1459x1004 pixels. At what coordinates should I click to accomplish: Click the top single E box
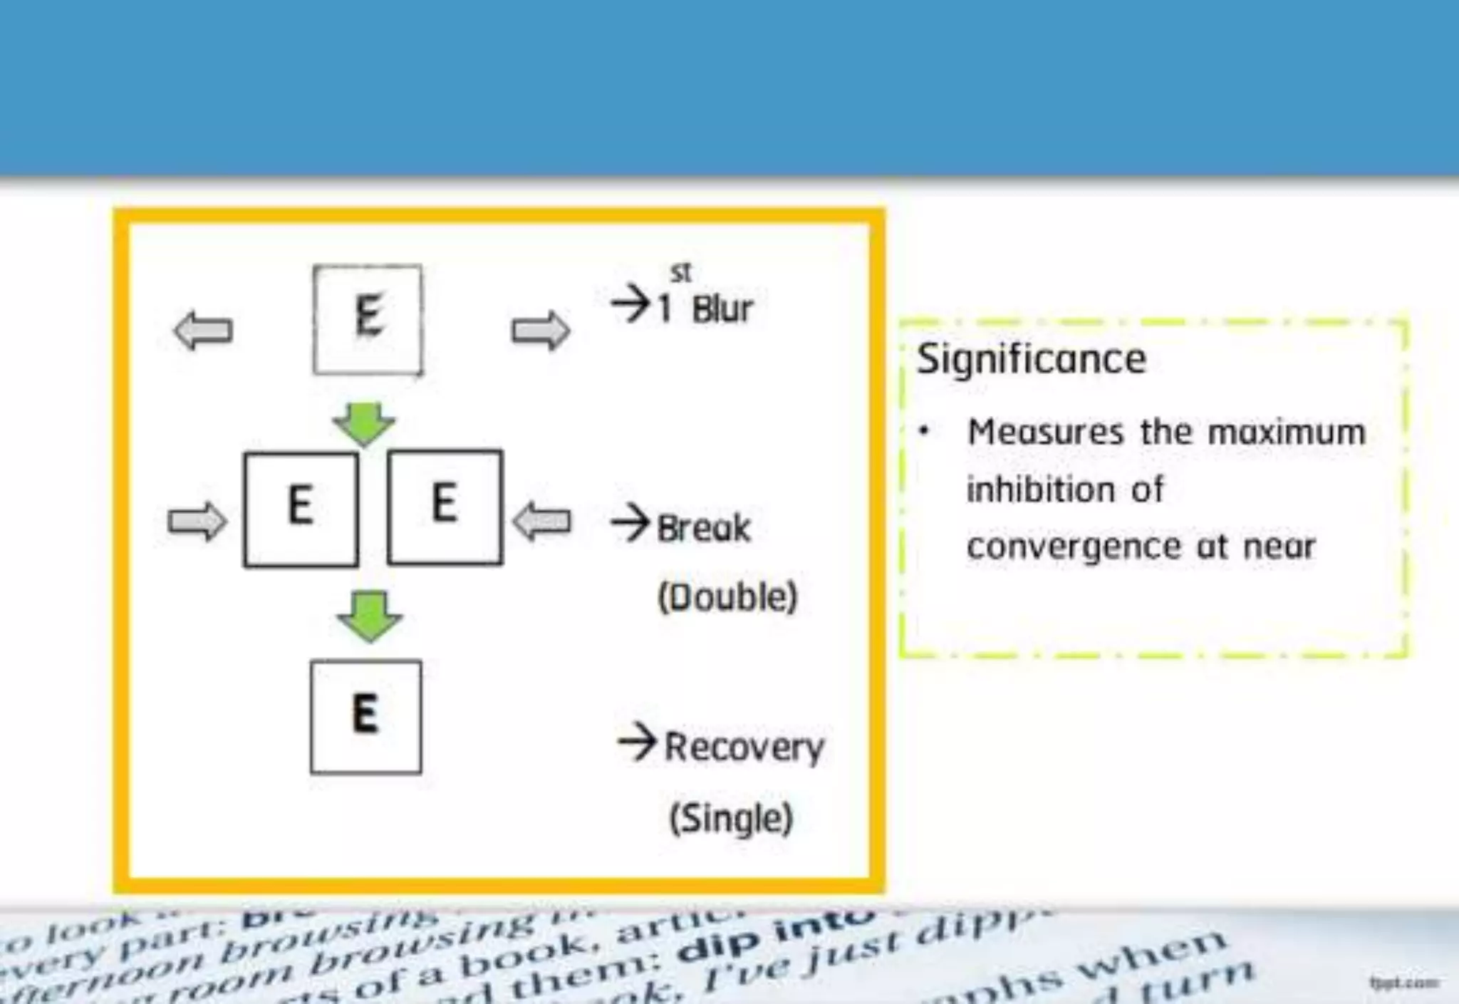367,319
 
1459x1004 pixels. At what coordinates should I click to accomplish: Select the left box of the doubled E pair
301,508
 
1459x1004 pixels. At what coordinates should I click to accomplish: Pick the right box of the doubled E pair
445,507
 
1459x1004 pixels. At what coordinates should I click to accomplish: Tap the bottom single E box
365,716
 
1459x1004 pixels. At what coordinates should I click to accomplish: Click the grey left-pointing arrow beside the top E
203,331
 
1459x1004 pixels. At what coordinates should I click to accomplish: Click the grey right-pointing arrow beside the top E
541,331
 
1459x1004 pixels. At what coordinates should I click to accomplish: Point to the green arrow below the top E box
364,424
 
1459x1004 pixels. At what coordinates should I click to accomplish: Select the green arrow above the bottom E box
370,616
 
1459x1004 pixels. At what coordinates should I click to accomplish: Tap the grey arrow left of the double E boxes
197,521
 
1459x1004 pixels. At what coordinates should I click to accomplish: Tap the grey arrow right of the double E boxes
542,521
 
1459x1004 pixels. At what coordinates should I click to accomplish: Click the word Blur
722,309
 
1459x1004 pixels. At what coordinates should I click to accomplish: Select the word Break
703,528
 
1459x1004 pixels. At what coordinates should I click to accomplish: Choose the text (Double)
727,597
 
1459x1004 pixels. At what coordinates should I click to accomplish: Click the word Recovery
744,747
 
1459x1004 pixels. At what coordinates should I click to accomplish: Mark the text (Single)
731,818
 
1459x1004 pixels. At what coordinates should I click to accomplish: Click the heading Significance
1031,358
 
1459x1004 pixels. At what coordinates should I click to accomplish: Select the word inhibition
1040,490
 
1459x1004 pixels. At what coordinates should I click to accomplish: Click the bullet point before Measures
924,430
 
